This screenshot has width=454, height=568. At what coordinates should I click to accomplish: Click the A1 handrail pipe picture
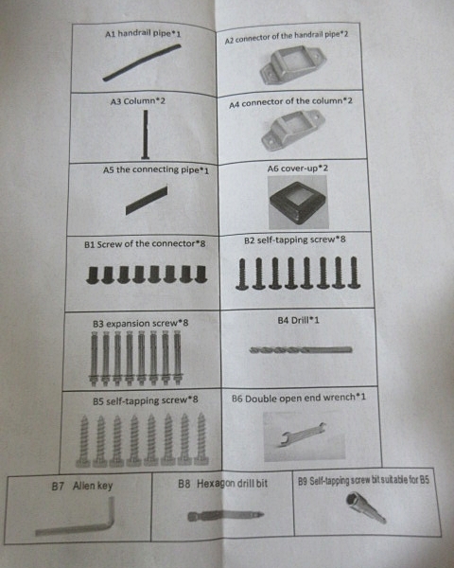[142, 62]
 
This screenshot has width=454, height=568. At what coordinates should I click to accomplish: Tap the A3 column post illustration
[145, 134]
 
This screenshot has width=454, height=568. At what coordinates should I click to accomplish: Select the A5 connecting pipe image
[147, 201]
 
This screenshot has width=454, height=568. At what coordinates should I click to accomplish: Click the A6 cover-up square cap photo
[298, 203]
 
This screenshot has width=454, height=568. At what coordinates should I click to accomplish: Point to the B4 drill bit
[301, 350]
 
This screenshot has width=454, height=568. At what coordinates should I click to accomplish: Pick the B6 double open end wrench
[304, 434]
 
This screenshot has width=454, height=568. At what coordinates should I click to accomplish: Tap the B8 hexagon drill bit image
[226, 516]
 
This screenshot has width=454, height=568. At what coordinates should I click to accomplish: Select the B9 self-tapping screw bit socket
[365, 506]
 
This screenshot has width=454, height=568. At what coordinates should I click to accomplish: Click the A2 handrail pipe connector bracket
[293, 65]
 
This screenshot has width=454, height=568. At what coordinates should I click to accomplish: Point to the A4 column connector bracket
[293, 130]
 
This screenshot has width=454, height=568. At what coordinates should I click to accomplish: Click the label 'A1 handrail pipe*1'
[143, 34]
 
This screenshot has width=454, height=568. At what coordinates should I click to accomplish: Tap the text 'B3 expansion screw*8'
[141, 323]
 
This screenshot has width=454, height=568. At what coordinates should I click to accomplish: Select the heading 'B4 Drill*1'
[298, 320]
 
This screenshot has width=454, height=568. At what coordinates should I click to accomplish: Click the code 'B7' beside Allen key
[58, 487]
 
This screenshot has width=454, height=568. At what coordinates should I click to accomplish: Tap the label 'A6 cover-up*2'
[298, 169]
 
